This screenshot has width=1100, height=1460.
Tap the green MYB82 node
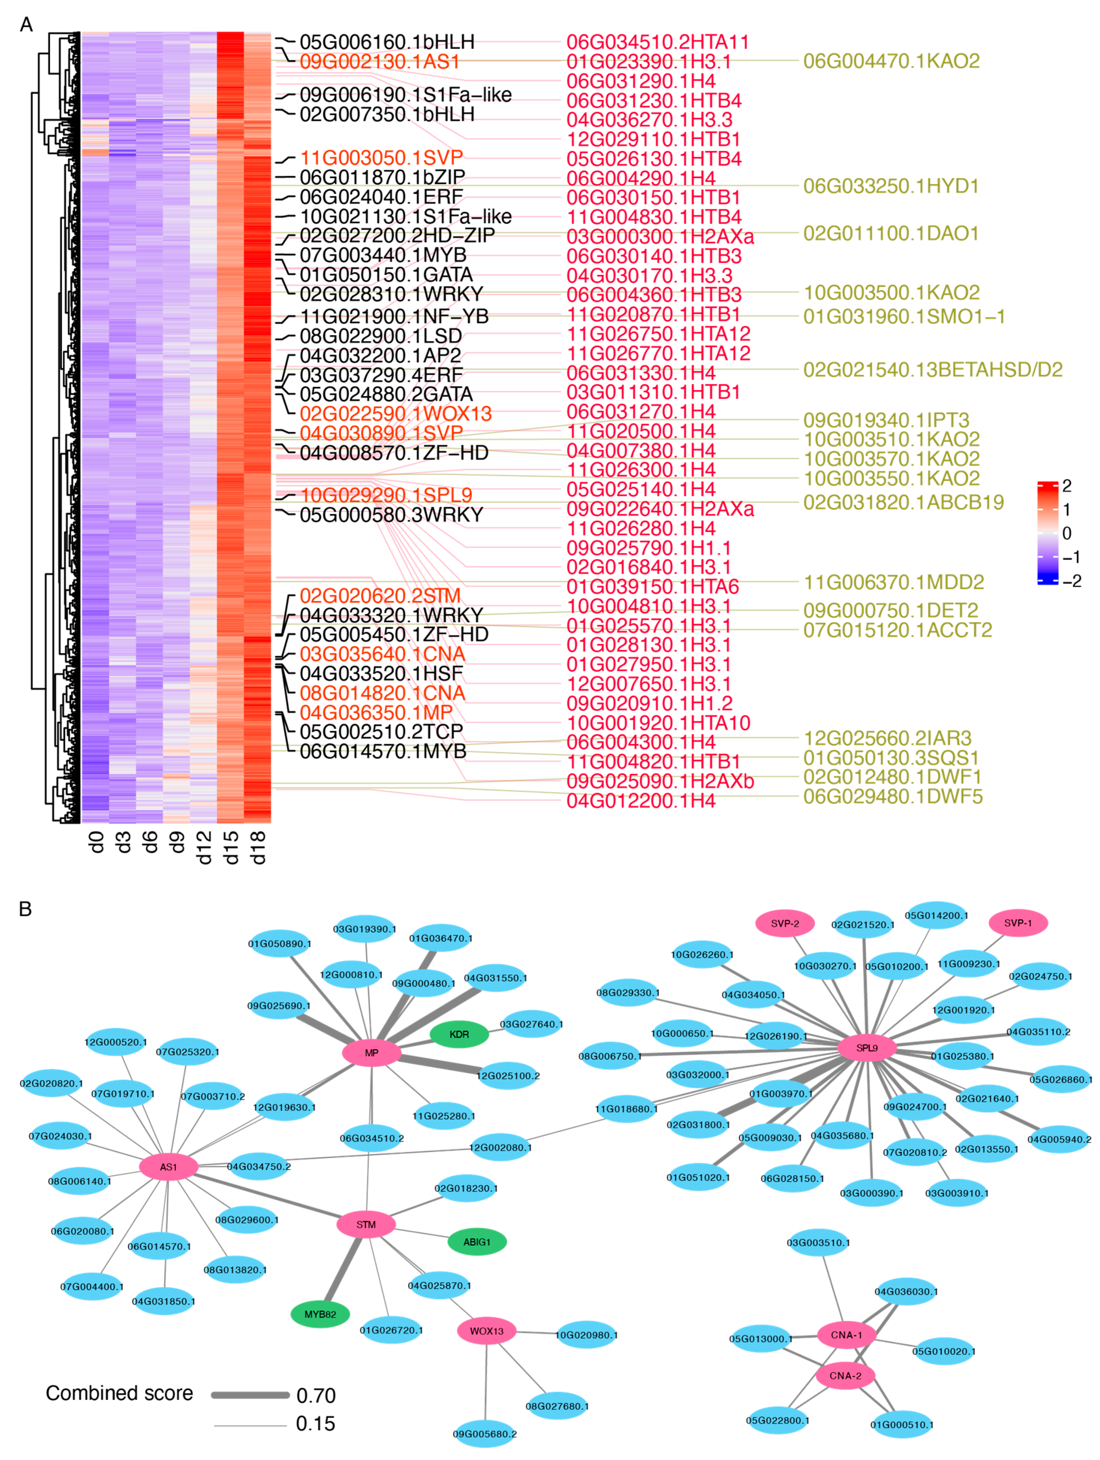point(320,1314)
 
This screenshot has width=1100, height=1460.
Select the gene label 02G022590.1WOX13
point(396,414)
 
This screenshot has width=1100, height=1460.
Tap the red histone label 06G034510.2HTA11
point(658,42)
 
